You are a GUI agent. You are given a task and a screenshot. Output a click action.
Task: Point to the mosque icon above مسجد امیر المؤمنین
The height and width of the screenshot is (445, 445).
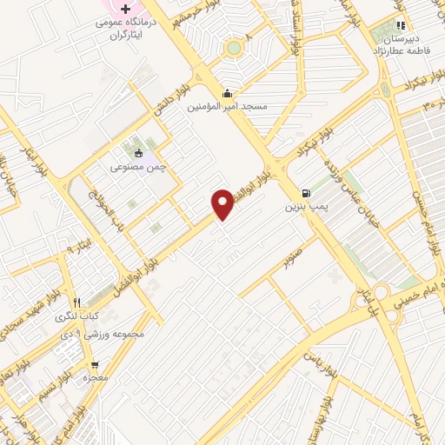tap(227, 94)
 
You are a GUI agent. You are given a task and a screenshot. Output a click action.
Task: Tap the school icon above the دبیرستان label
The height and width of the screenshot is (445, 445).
tap(401, 25)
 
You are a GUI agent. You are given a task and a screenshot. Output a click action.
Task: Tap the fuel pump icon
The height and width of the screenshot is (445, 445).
tap(305, 194)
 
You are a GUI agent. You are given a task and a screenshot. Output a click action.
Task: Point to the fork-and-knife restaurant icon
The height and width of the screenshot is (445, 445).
tap(77, 302)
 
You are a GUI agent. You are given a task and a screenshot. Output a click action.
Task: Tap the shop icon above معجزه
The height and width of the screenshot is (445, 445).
tap(95, 366)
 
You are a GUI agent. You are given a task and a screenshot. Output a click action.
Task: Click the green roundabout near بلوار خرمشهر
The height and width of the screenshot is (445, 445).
tap(235, 47)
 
